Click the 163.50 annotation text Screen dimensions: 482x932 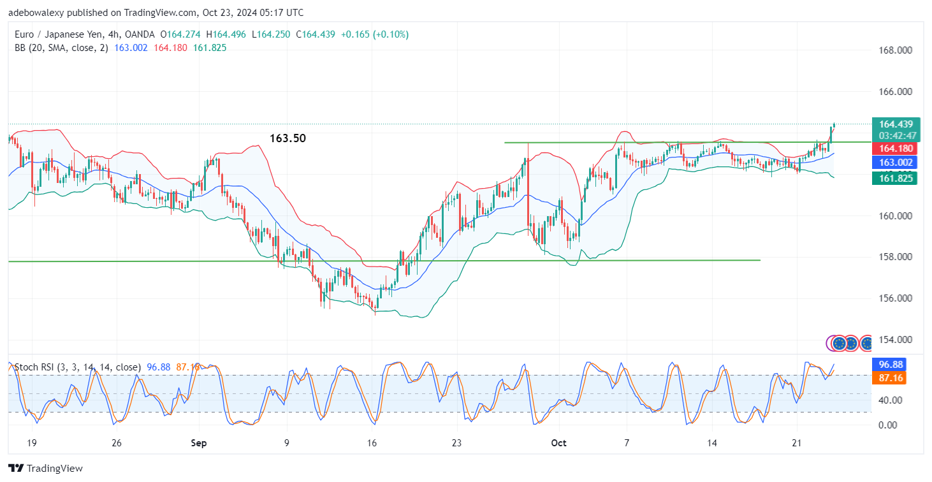point(288,138)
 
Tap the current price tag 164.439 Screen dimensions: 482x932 point(896,124)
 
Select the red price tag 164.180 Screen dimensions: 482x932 point(896,149)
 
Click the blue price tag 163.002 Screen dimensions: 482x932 point(896,163)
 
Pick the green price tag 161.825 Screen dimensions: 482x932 point(896,179)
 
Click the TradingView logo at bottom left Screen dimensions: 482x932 point(46,469)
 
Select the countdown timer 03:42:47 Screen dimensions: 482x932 point(897,136)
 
